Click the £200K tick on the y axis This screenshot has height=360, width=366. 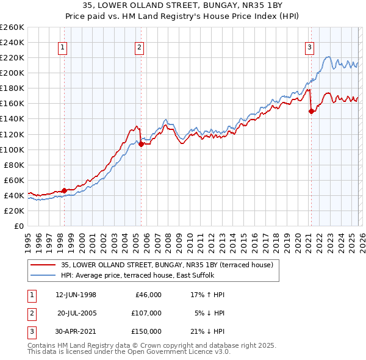(12, 73)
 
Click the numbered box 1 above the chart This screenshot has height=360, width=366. (63, 47)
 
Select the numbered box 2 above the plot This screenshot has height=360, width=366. (140, 47)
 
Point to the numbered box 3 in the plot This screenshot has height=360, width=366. (309, 47)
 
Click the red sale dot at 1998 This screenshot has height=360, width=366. (65, 190)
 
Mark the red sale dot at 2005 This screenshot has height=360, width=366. (141, 145)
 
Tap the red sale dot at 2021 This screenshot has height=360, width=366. (311, 111)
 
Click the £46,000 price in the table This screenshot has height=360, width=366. (148, 295)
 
